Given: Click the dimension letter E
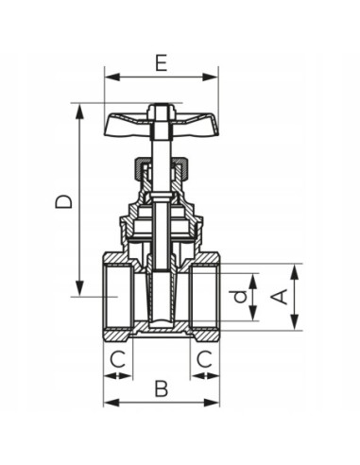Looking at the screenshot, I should coord(162,63).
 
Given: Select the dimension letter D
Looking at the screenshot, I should coord(61,201).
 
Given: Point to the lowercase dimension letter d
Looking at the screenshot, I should coord(242,297).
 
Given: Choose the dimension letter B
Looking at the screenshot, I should coord(161,387).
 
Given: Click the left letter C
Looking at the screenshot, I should coord(117,358).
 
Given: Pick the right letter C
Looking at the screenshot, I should coord(204,358).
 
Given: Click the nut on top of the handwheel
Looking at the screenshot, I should coord(162,112).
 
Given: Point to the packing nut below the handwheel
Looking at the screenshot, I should coord(162,170).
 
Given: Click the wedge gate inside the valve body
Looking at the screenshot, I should coord(162,293).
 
